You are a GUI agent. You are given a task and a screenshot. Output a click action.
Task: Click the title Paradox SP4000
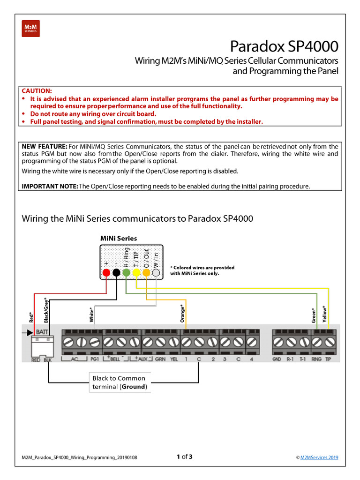tap(284, 47)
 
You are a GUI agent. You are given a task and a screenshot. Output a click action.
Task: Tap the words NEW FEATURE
tap(45, 147)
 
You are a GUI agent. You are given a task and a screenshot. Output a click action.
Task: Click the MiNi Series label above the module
tap(119, 238)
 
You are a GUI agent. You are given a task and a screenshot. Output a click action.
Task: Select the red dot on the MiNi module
tap(106, 272)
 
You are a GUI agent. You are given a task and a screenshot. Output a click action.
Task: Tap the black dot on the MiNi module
tap(116, 272)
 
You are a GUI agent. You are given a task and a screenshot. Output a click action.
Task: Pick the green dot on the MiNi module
tap(126, 272)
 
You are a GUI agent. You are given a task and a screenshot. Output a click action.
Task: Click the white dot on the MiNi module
tap(157, 272)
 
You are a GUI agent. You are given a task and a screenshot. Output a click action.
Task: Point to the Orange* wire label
tap(182, 314)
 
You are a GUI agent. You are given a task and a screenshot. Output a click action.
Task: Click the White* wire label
tap(91, 315)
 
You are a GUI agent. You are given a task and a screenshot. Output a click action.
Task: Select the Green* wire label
tap(313, 315)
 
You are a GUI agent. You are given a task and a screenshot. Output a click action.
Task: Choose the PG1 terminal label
tap(95, 359)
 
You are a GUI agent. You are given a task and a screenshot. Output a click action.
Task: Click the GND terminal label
tap(277, 359)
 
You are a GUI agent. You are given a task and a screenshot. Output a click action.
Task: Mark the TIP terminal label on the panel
tap(328, 359)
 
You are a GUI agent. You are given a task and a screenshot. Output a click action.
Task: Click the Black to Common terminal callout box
tap(119, 382)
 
